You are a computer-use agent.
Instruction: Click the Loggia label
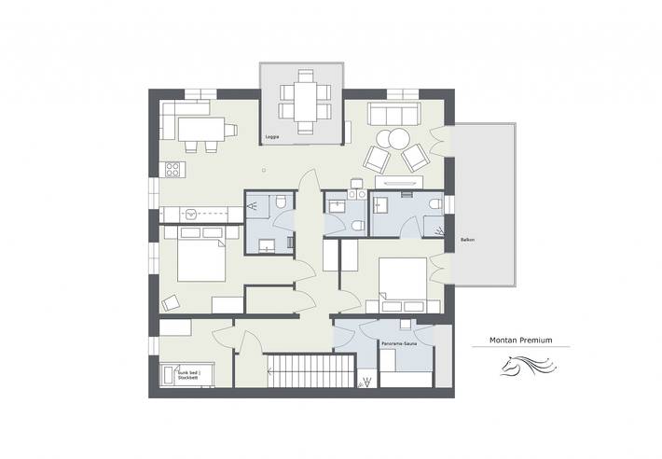tap(273, 136)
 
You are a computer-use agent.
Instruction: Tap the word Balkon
tap(468, 240)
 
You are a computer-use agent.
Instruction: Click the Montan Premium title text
tap(520, 341)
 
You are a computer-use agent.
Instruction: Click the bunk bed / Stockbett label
tap(189, 376)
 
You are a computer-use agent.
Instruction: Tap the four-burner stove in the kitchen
tap(172, 169)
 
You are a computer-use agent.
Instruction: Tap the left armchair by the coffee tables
tap(375, 160)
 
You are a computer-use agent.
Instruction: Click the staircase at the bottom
tap(297, 371)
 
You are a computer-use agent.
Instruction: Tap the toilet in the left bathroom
tap(279, 204)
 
